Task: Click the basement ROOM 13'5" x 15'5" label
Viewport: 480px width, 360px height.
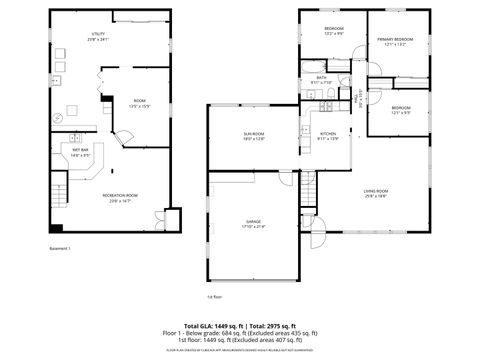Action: coord(139,103)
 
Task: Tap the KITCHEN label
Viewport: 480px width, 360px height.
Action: coord(328,136)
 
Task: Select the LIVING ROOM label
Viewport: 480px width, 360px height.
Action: coord(375,193)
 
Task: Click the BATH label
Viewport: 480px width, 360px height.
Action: coord(321,80)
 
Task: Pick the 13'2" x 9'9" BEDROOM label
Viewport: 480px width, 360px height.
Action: coord(334,30)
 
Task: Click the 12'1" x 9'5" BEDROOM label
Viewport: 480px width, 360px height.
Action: coord(401,110)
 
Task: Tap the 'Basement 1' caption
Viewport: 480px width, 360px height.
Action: coord(60,248)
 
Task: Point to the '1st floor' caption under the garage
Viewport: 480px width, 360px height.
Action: coord(214,296)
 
